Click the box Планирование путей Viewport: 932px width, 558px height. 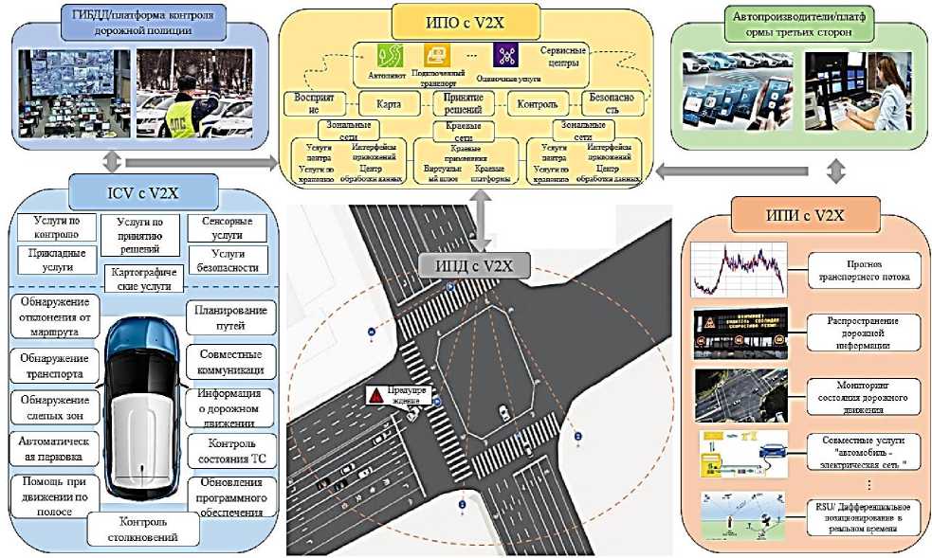(230, 316)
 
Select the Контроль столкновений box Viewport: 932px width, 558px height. (144, 531)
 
